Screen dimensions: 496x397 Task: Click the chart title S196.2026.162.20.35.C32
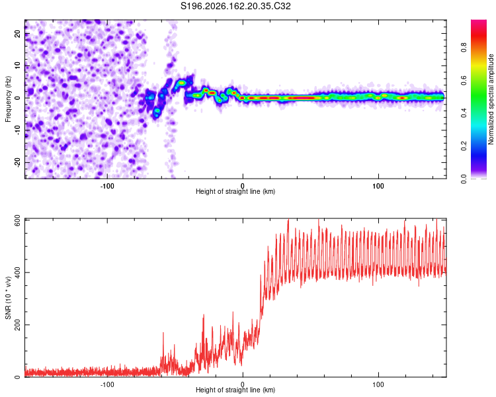coord(235,6)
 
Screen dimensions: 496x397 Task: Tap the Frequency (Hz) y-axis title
coord(8,99)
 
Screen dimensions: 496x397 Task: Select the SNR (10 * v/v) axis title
coord(8,298)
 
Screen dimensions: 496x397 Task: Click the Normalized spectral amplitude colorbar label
coord(491,99)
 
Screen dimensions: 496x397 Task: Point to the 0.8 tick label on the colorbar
coord(464,48)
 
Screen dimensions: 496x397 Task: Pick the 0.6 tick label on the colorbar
coord(464,81)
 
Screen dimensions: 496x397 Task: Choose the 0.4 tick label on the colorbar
coord(464,113)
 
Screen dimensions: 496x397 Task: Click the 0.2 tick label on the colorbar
coord(464,146)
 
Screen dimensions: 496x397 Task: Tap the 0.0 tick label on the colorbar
coord(464,179)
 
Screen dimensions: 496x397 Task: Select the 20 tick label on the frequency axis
coord(17,33)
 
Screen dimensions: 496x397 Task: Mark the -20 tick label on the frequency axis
coord(17,162)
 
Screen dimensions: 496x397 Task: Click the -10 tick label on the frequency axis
coord(17,130)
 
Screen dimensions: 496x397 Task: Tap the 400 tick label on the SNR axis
coord(17,272)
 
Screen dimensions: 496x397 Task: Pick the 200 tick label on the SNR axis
coord(17,325)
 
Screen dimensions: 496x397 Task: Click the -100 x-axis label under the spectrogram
coord(107,186)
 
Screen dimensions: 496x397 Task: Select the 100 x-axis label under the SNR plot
coord(378,384)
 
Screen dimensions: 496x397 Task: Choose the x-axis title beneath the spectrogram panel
coord(235,191)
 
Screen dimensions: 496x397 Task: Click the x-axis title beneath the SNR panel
coord(235,390)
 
